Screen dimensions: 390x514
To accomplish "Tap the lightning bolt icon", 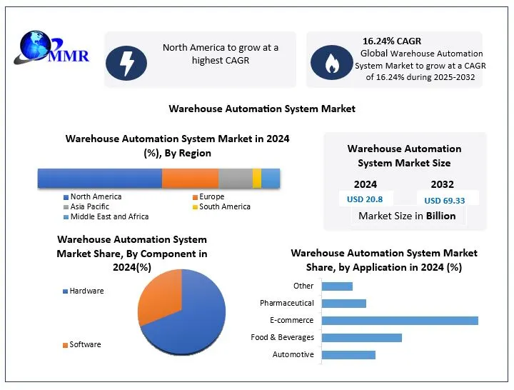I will (x=126, y=62).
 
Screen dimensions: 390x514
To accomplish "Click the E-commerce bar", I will (x=400, y=320).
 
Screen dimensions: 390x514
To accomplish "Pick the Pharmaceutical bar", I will (x=344, y=303).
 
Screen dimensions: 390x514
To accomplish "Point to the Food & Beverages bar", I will (x=362, y=337).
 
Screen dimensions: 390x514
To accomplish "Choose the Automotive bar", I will (x=348, y=354).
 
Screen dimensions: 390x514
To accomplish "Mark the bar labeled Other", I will (x=337, y=286).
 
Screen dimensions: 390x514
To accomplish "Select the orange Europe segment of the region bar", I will (x=190, y=178).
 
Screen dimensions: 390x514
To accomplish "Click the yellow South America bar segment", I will (x=257, y=178).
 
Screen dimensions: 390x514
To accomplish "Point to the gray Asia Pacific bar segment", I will (x=236, y=178).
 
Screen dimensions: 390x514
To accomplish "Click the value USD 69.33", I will (x=444, y=201).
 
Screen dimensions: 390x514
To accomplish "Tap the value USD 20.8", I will (x=364, y=199).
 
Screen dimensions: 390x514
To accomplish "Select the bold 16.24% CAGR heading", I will (x=393, y=41).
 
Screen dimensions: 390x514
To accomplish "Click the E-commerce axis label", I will (x=292, y=320).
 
